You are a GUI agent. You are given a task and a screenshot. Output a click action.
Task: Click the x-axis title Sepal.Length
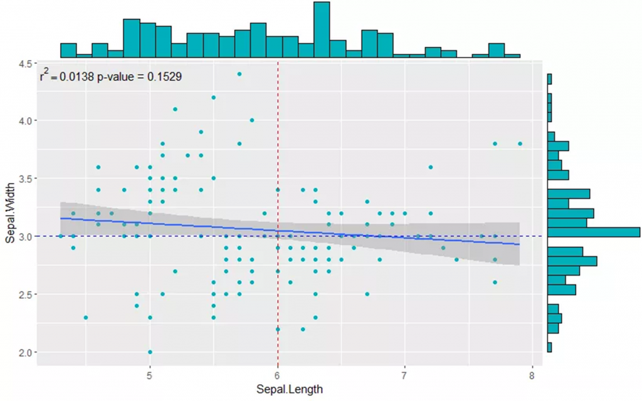(x=290, y=390)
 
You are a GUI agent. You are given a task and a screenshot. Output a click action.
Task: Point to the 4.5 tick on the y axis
(x=27, y=64)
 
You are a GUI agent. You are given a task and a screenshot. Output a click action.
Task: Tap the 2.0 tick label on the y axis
(x=27, y=353)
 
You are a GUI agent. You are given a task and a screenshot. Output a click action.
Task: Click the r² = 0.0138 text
(x=66, y=77)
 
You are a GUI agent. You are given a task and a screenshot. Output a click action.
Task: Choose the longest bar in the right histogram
(x=594, y=232)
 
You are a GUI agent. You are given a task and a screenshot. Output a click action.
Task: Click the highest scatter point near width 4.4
(x=239, y=74)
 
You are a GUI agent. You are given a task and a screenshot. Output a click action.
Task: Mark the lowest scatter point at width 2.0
(x=150, y=352)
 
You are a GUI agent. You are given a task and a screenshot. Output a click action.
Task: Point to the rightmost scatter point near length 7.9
(x=520, y=143)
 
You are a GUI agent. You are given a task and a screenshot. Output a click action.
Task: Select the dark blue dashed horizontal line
(x=439, y=236)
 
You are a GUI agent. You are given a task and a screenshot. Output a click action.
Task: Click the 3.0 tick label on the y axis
(x=27, y=237)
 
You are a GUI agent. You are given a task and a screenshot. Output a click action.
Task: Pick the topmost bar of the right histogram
(x=549, y=79)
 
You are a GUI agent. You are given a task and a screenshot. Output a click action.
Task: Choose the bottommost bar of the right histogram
(x=549, y=347)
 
